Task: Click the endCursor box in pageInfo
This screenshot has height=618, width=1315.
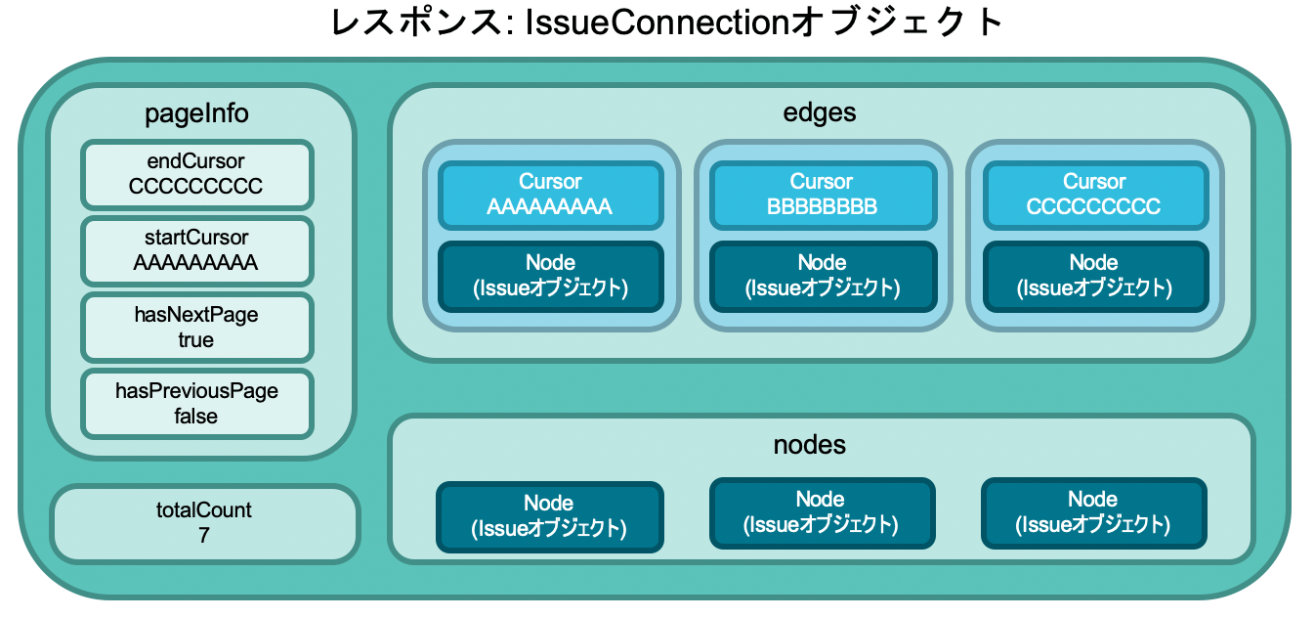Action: click(196, 174)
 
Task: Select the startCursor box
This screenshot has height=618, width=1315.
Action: click(196, 251)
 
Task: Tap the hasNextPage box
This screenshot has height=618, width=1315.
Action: click(196, 328)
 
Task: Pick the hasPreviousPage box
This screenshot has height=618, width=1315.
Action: click(196, 404)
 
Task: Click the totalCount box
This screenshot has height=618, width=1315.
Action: click(204, 523)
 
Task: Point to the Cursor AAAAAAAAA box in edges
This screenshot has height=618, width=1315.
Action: click(551, 195)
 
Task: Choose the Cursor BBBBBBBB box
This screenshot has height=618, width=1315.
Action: click(823, 195)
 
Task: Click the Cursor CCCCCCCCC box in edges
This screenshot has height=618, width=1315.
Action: click(1095, 195)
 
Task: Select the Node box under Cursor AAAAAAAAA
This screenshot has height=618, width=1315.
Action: click(551, 276)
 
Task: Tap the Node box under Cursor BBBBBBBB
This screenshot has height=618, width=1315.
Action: click(823, 276)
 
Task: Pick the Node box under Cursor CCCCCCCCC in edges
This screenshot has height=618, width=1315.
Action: click(1095, 276)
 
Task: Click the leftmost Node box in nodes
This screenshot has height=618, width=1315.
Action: click(549, 517)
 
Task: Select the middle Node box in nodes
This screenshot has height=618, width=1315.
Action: click(822, 513)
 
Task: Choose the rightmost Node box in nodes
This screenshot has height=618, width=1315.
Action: click(1093, 513)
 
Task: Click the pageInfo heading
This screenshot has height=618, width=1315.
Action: click(196, 113)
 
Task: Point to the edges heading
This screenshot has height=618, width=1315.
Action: click(820, 112)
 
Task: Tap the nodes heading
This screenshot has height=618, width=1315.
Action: click(810, 445)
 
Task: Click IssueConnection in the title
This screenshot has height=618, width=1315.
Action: click(657, 22)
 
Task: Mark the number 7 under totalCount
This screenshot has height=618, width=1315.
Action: click(204, 535)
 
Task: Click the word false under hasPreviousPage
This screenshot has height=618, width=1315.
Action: click(196, 416)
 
